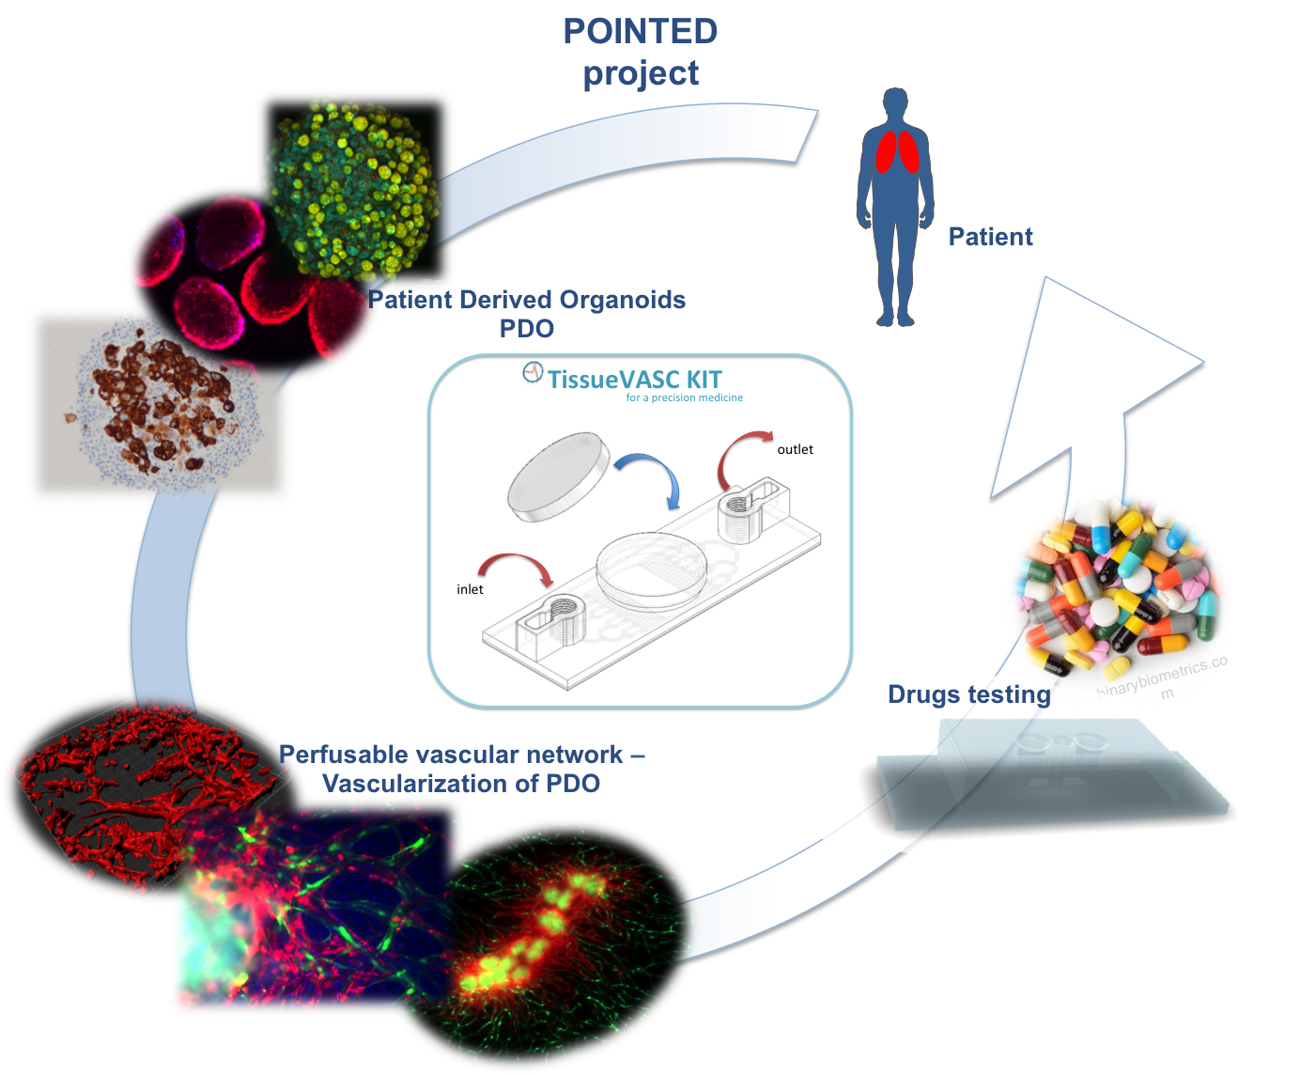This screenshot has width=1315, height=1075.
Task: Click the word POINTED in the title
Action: pos(641,31)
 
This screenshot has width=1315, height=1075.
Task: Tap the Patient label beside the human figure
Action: pos(990,237)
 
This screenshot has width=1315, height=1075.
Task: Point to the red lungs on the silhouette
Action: pos(897,152)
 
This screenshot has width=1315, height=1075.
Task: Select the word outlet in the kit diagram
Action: pos(795,449)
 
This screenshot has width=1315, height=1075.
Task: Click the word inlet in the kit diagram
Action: pos(470,589)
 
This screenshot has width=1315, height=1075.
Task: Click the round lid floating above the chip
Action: pos(558,476)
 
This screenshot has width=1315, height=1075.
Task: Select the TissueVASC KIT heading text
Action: pos(635,380)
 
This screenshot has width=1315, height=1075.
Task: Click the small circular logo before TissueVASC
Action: pos(533,372)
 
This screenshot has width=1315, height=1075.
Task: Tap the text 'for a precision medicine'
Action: pos(684,397)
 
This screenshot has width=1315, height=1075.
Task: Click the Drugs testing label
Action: pos(969,694)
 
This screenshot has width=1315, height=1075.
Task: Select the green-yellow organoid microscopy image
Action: pos(354,191)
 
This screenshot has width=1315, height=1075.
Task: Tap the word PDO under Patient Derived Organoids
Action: pos(526,329)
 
